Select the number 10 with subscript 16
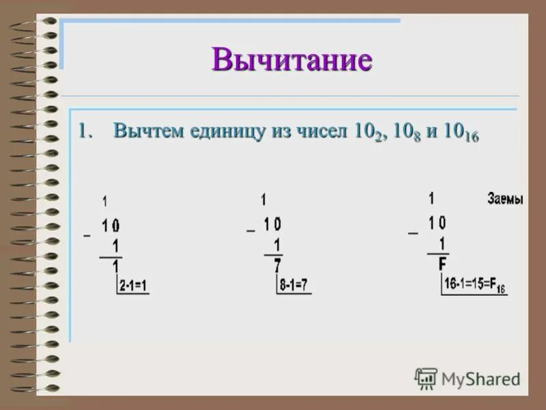[x=461, y=133]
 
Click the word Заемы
[x=505, y=200]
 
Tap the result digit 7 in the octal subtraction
[x=277, y=266]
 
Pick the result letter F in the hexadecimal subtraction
[x=442, y=264]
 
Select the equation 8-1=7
[x=293, y=286]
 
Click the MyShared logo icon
[x=426, y=378]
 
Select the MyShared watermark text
[x=480, y=379]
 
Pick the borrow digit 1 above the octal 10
[x=263, y=200]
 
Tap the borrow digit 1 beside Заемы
[x=431, y=198]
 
